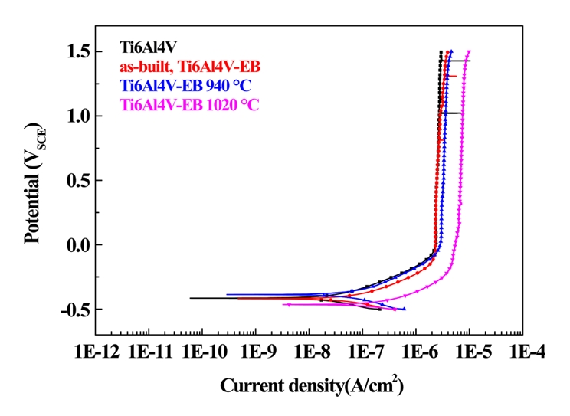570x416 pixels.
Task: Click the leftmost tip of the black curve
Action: click(191, 298)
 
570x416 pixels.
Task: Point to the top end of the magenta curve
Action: click(469, 51)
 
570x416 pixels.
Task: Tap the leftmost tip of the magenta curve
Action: click(284, 305)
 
